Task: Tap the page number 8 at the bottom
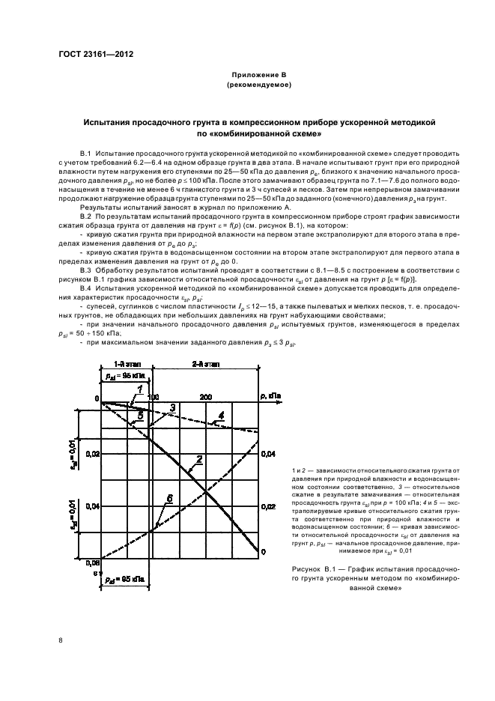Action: [61, 640]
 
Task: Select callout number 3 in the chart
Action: [172, 407]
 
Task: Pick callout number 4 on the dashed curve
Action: [221, 415]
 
